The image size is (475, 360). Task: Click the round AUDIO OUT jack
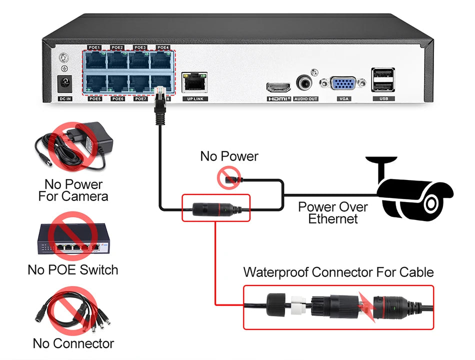pos(305,83)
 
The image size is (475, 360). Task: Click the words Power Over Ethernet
pos(332,212)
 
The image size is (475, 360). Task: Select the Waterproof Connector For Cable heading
pos(338,272)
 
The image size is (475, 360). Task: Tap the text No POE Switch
pos(73,270)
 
